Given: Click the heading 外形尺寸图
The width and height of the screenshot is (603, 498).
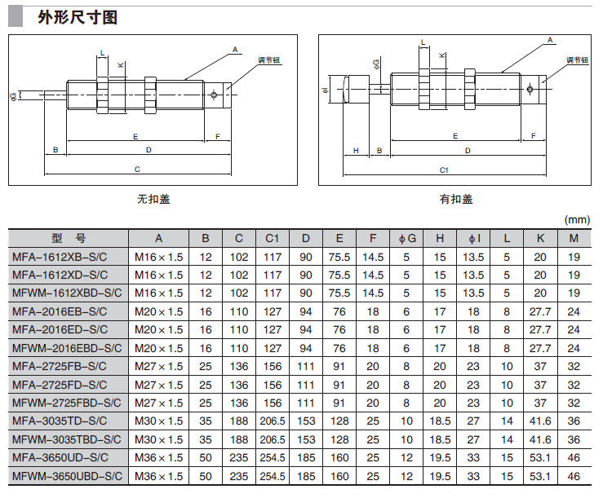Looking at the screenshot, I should pos(78,16).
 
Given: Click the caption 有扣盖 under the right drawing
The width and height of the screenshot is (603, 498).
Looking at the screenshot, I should pos(456,199).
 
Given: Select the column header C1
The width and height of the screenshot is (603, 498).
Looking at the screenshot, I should pos(272,239).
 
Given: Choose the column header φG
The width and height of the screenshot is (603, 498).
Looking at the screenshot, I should pos(407,239).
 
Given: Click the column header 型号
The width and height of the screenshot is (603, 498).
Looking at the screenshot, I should pos(69,239).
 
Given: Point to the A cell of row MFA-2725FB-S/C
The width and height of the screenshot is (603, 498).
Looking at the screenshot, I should pos(159,366).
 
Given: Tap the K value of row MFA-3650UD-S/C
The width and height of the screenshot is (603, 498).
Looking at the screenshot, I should pos(540,458).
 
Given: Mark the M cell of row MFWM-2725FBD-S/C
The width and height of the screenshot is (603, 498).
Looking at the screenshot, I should pos(574,403).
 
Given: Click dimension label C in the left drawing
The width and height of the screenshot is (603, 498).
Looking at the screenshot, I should pos(137,170).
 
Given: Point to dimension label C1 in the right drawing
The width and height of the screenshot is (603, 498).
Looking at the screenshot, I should pos(444,170).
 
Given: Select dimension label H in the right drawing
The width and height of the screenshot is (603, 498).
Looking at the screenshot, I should pos(357,150).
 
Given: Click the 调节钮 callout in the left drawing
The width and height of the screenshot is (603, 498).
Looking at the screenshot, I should pos(246,60).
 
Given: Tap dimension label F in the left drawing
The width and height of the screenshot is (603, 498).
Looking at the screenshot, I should pos(218,136).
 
